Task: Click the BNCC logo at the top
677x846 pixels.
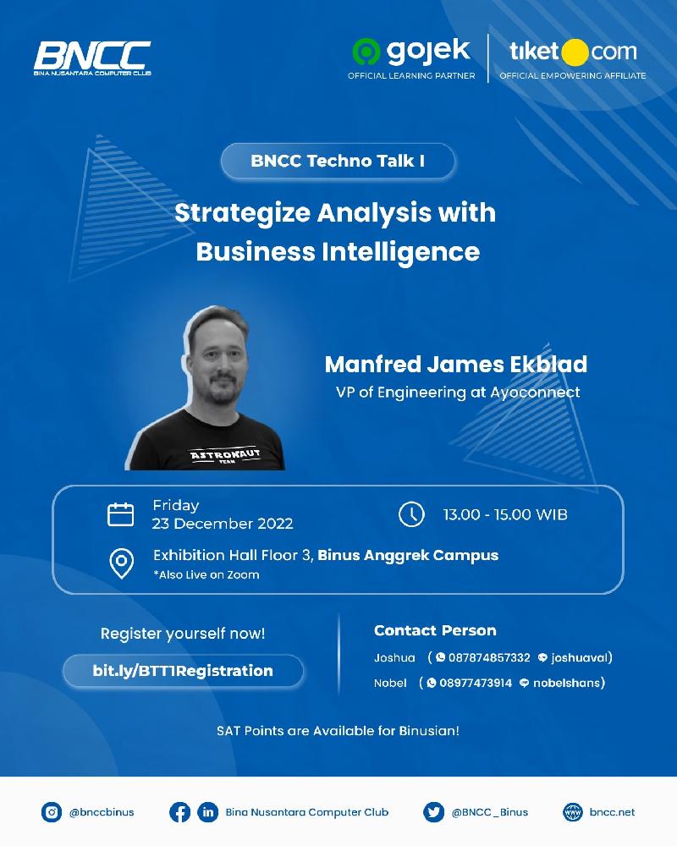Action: click(92, 58)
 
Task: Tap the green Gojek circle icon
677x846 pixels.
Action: click(366, 52)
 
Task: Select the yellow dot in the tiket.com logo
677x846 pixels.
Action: click(575, 52)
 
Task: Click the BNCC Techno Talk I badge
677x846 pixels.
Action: click(338, 161)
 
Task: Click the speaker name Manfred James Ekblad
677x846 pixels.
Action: click(455, 365)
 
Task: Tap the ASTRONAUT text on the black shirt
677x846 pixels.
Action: click(225, 454)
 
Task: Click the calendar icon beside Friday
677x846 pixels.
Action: click(121, 514)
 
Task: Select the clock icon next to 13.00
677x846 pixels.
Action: click(411, 514)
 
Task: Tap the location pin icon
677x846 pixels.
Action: click(122, 563)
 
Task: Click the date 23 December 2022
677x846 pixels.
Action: click(223, 524)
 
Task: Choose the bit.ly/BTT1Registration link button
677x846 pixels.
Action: click(183, 671)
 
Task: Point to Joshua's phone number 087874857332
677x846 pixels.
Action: click(489, 657)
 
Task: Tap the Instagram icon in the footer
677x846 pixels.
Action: click(52, 812)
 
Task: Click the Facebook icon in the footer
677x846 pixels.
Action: click(179, 812)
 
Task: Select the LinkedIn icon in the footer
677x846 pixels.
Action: click(208, 812)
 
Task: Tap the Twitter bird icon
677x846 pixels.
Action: click(433, 812)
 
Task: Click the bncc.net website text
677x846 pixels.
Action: click(612, 812)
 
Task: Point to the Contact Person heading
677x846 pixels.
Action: click(435, 631)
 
